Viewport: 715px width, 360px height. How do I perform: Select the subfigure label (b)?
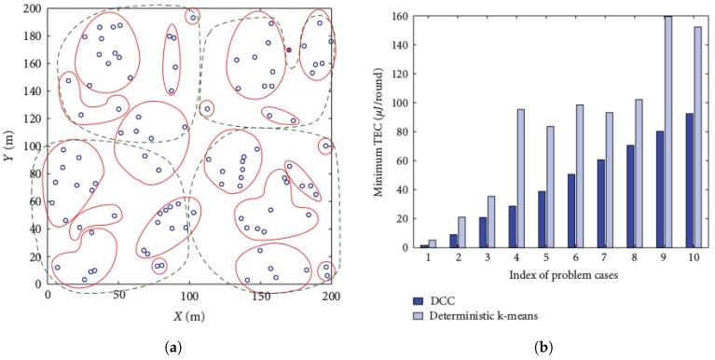tap(550, 347)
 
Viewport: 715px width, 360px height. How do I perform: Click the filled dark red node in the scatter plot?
tap(289, 49)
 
